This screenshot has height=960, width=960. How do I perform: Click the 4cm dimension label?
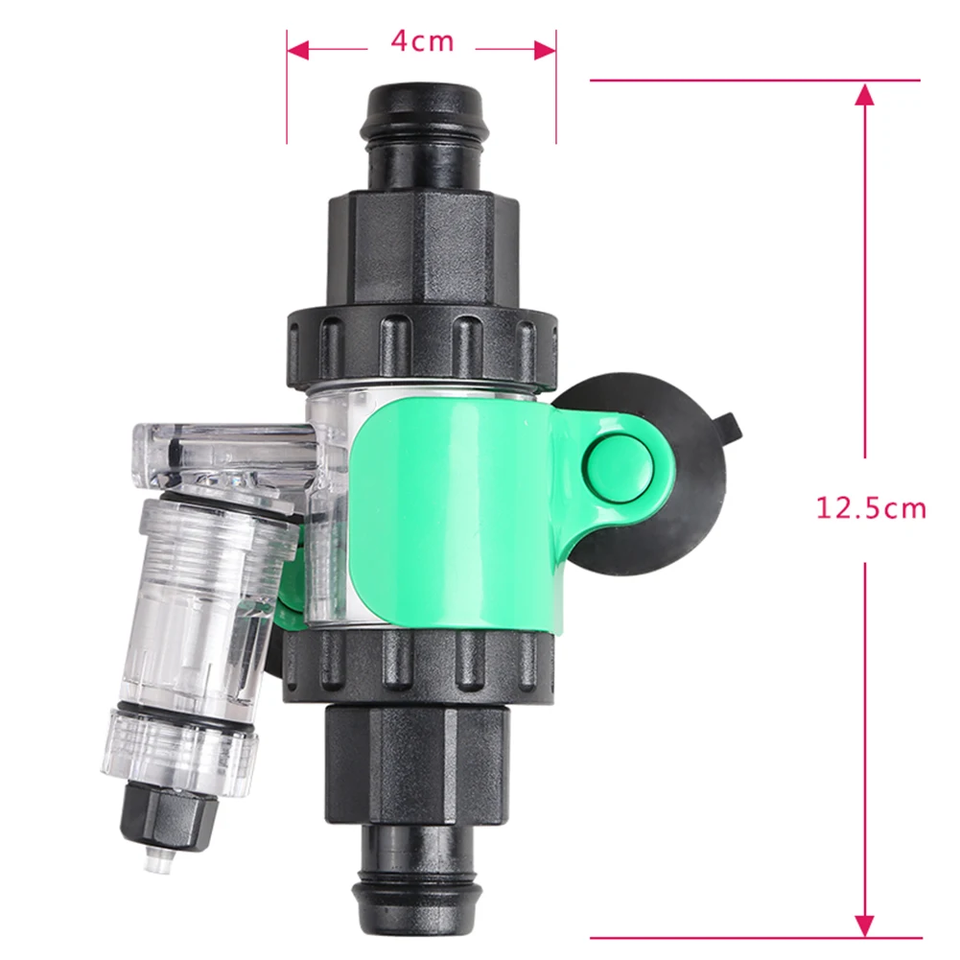[422, 41]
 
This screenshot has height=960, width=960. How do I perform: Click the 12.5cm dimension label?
[871, 509]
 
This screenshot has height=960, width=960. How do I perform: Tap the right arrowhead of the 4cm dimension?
[545, 50]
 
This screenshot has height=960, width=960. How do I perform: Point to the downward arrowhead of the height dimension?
[864, 924]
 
